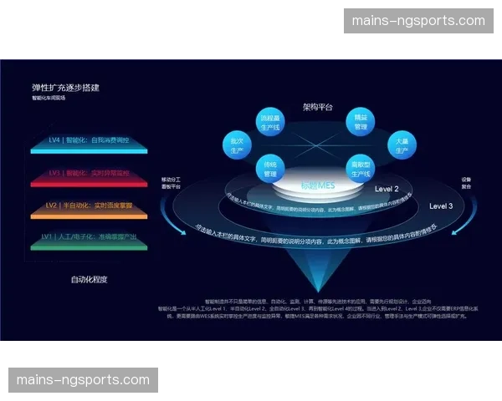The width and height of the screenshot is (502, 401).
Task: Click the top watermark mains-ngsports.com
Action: click(x=418, y=21)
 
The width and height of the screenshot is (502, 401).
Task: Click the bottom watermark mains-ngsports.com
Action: click(x=83, y=380)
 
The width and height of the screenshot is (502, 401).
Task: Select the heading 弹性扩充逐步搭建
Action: click(x=71, y=87)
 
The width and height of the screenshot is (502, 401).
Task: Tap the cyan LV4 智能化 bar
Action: click(x=99, y=142)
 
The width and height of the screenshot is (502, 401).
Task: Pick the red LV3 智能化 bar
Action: click(x=99, y=174)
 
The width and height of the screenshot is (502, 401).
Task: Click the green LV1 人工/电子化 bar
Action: click(x=99, y=238)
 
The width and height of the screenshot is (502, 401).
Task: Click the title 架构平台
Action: click(x=318, y=107)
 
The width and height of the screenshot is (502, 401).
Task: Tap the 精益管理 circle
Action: click(x=361, y=122)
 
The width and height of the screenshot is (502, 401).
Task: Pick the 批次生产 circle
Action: click(x=238, y=144)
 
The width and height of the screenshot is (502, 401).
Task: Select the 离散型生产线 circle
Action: click(x=361, y=168)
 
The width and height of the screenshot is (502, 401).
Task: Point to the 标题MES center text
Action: click(x=318, y=185)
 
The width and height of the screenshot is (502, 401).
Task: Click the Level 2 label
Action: click(x=387, y=189)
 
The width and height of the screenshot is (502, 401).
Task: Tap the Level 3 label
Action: click(x=441, y=206)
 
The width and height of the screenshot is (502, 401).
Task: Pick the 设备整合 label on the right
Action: click(x=467, y=183)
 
